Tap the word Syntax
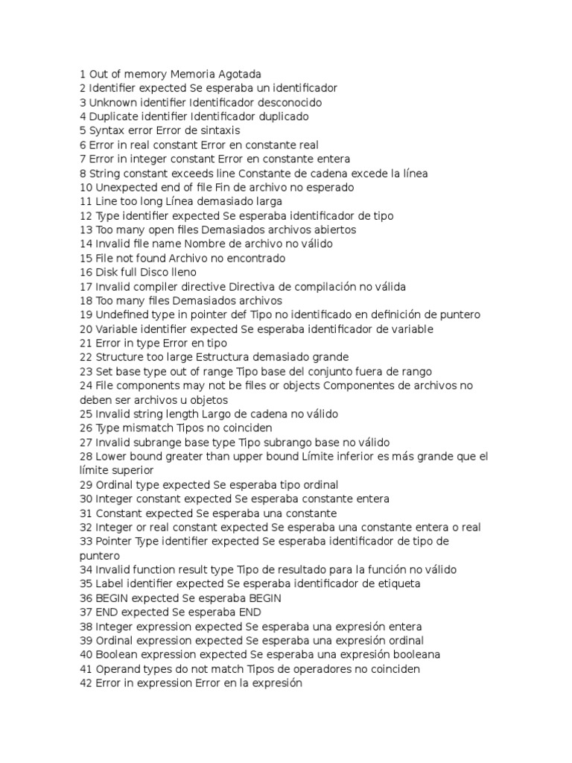pos(106,130)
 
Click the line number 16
pos(85,272)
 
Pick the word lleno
pos(181,272)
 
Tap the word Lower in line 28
pos(111,456)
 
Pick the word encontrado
pos(252,258)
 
